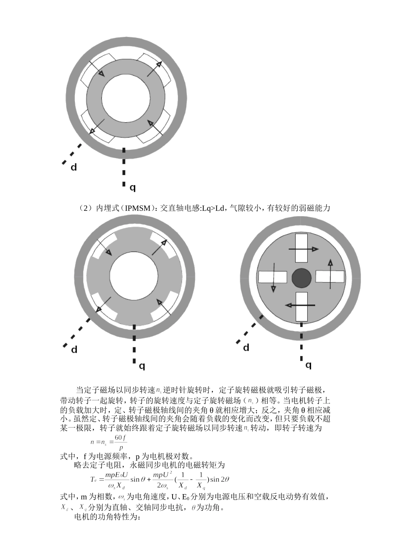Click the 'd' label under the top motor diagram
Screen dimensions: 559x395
(x=74, y=168)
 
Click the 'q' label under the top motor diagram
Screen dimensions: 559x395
(x=132, y=188)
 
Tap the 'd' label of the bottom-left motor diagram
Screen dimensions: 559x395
(x=74, y=350)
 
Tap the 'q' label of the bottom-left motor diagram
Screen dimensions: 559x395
(x=142, y=366)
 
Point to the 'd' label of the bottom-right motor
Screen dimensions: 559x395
(x=246, y=348)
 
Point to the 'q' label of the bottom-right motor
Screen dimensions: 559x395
(x=308, y=365)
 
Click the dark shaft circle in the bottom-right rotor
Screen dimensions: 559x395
(x=301, y=278)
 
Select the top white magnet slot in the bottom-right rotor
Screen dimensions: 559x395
(x=301, y=248)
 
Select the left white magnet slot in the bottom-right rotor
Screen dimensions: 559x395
(x=273, y=277)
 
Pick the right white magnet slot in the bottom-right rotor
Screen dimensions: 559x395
(x=330, y=277)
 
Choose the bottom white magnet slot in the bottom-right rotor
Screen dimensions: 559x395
(x=301, y=307)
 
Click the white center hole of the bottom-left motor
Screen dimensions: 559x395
(x=134, y=277)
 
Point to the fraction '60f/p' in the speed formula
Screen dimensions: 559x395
(x=120, y=443)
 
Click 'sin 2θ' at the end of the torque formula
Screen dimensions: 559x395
(x=220, y=479)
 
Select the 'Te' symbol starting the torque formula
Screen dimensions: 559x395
(x=94, y=479)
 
